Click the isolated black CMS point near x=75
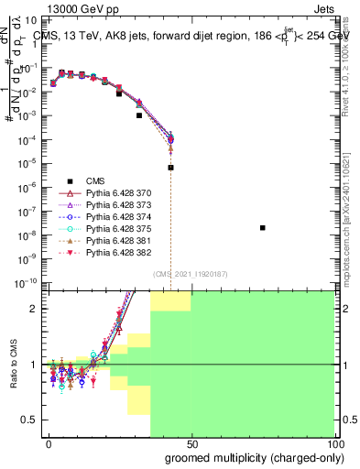pos(263,228)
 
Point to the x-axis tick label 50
pos(191,443)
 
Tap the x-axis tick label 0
pos(49,443)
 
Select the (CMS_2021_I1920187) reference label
pos(191,274)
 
